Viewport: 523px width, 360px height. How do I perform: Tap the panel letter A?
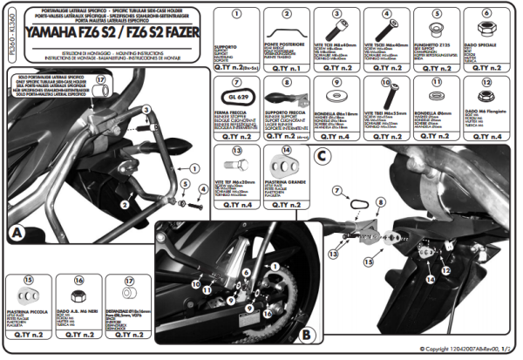[17, 233]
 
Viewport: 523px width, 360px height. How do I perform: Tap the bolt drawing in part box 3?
[336, 25]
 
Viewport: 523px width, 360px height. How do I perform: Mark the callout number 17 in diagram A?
[100, 81]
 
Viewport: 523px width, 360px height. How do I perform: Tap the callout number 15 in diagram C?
[367, 261]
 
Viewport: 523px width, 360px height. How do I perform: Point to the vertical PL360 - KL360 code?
[6, 34]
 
